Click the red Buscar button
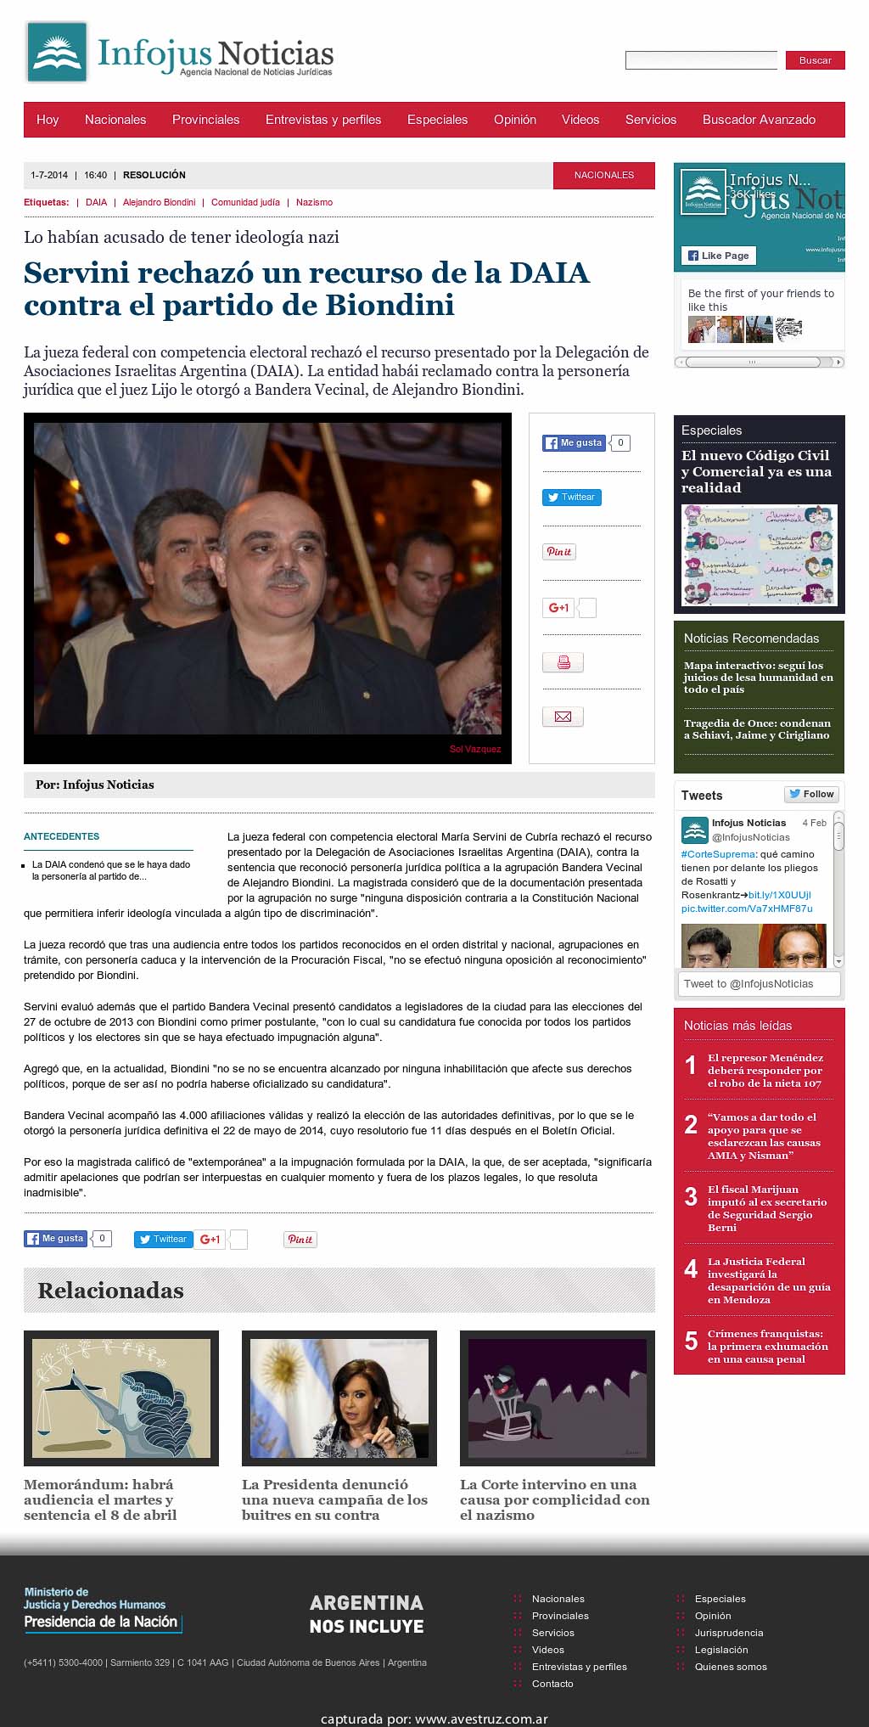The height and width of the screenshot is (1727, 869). click(x=815, y=60)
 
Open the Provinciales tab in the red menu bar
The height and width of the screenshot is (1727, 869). click(x=205, y=120)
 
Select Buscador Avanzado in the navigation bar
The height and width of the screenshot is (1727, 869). click(x=759, y=120)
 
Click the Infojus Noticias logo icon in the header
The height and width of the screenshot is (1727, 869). click(x=57, y=53)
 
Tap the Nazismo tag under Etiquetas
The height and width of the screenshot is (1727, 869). click(x=314, y=202)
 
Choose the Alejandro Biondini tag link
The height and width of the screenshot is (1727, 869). click(x=159, y=202)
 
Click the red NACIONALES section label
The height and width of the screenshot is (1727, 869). click(x=603, y=175)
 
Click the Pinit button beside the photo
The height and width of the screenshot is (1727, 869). click(x=558, y=552)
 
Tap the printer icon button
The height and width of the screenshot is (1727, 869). click(x=563, y=662)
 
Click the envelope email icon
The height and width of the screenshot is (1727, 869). click(x=563, y=717)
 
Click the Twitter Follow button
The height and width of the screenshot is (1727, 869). click(x=811, y=794)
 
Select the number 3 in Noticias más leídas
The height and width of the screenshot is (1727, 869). click(x=691, y=1197)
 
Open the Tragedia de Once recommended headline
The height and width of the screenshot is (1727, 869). click(x=757, y=729)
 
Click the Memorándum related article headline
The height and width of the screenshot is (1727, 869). click(x=100, y=1499)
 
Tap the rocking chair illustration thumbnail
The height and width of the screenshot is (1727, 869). click(x=557, y=1398)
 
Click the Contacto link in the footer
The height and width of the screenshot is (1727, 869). click(x=552, y=1684)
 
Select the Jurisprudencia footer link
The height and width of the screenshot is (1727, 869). click(x=729, y=1633)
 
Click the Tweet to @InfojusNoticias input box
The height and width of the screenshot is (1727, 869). click(x=760, y=984)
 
